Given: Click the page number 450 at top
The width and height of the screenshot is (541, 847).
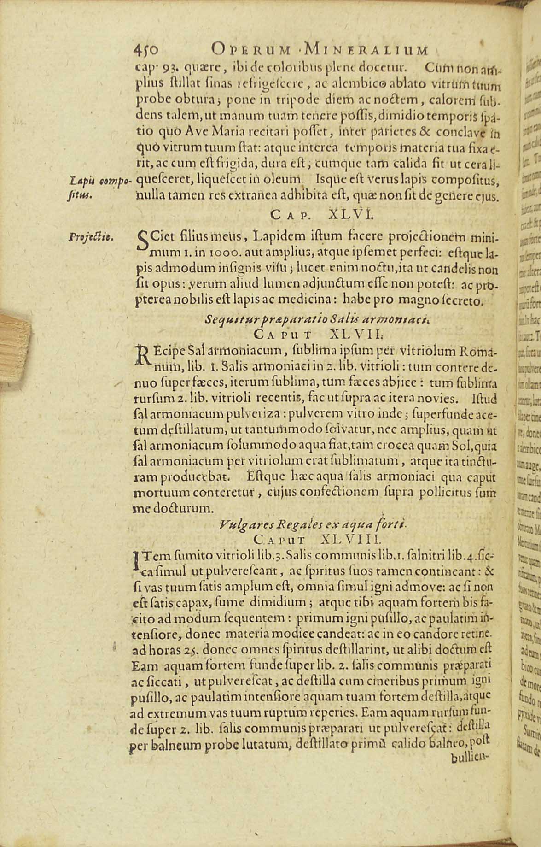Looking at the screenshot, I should pos(146,49).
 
